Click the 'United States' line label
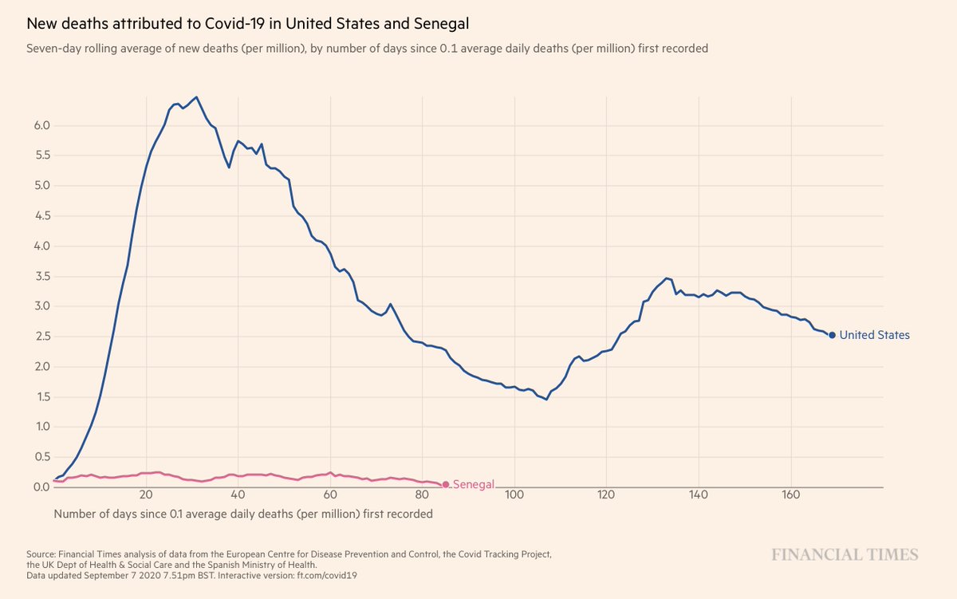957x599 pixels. tap(874, 336)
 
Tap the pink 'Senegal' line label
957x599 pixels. tap(474, 485)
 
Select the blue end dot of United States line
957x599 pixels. tap(832, 336)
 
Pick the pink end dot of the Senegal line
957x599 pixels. tap(445, 485)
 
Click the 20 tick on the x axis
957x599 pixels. tap(146, 496)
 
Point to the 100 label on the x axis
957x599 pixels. tap(514, 496)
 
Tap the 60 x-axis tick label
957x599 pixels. tap(330, 496)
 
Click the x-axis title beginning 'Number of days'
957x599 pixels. tap(243, 514)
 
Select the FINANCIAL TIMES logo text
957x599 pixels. tap(844, 555)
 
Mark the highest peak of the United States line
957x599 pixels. tap(196, 97)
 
